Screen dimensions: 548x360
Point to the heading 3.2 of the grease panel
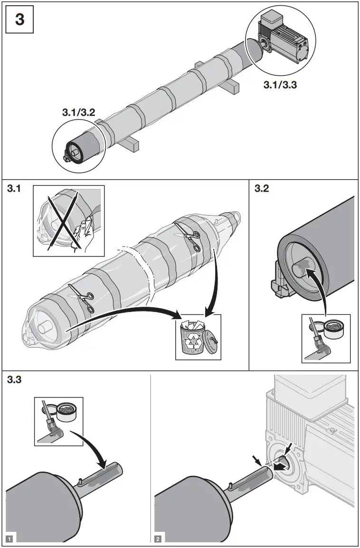click(262, 189)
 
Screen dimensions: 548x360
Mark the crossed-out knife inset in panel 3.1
click(68, 221)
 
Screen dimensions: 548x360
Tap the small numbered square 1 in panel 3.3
click(9, 539)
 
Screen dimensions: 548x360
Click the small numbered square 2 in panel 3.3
click(158, 539)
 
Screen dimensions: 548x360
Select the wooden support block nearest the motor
click(232, 87)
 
